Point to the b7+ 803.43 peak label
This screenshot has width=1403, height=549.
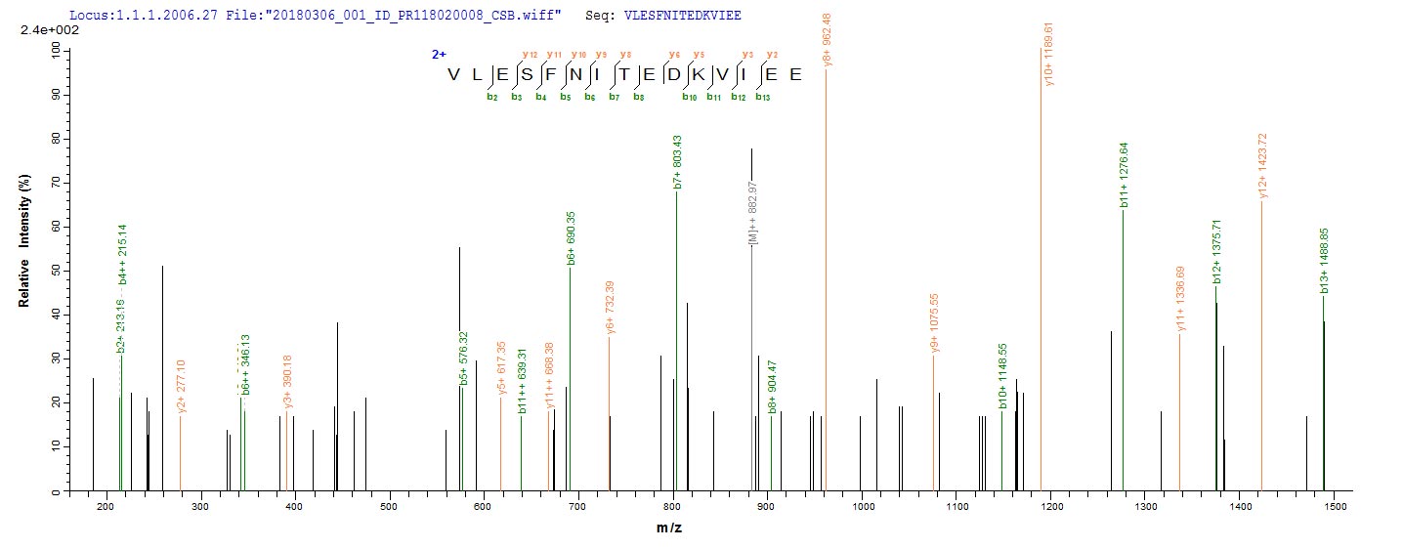point(676,161)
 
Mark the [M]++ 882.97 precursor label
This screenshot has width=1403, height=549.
point(752,214)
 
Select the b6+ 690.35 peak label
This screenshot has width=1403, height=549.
point(571,238)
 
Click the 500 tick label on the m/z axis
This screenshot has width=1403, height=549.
point(388,506)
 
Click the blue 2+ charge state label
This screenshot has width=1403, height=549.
point(439,55)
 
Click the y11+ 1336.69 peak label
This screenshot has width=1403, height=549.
point(1180,299)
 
